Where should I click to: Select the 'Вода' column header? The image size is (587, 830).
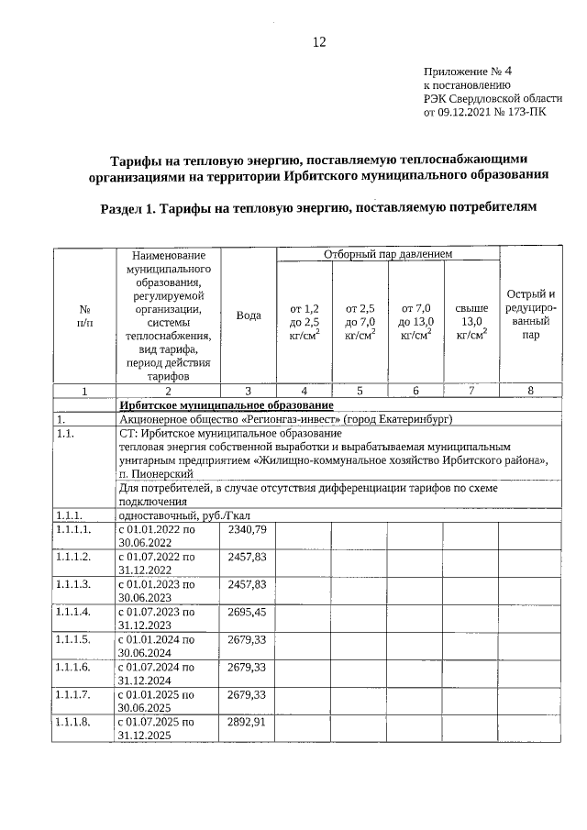pyautogui.click(x=249, y=315)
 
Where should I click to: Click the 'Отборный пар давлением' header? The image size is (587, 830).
pyautogui.click(x=388, y=252)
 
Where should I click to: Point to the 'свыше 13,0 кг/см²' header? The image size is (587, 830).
pyautogui.click(x=471, y=321)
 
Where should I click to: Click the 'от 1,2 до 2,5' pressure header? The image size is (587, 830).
pyautogui.click(x=304, y=321)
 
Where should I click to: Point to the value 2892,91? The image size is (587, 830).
pyautogui.click(x=247, y=722)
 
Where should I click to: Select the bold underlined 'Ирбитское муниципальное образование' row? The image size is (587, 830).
pyautogui.click(x=226, y=405)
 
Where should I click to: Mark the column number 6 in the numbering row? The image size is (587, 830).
pyautogui.click(x=415, y=391)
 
